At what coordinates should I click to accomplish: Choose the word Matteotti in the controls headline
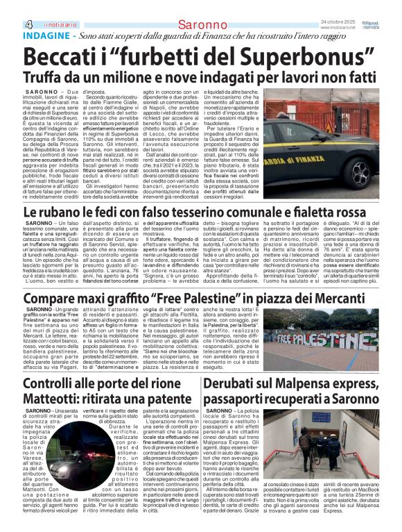pos(53,399)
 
